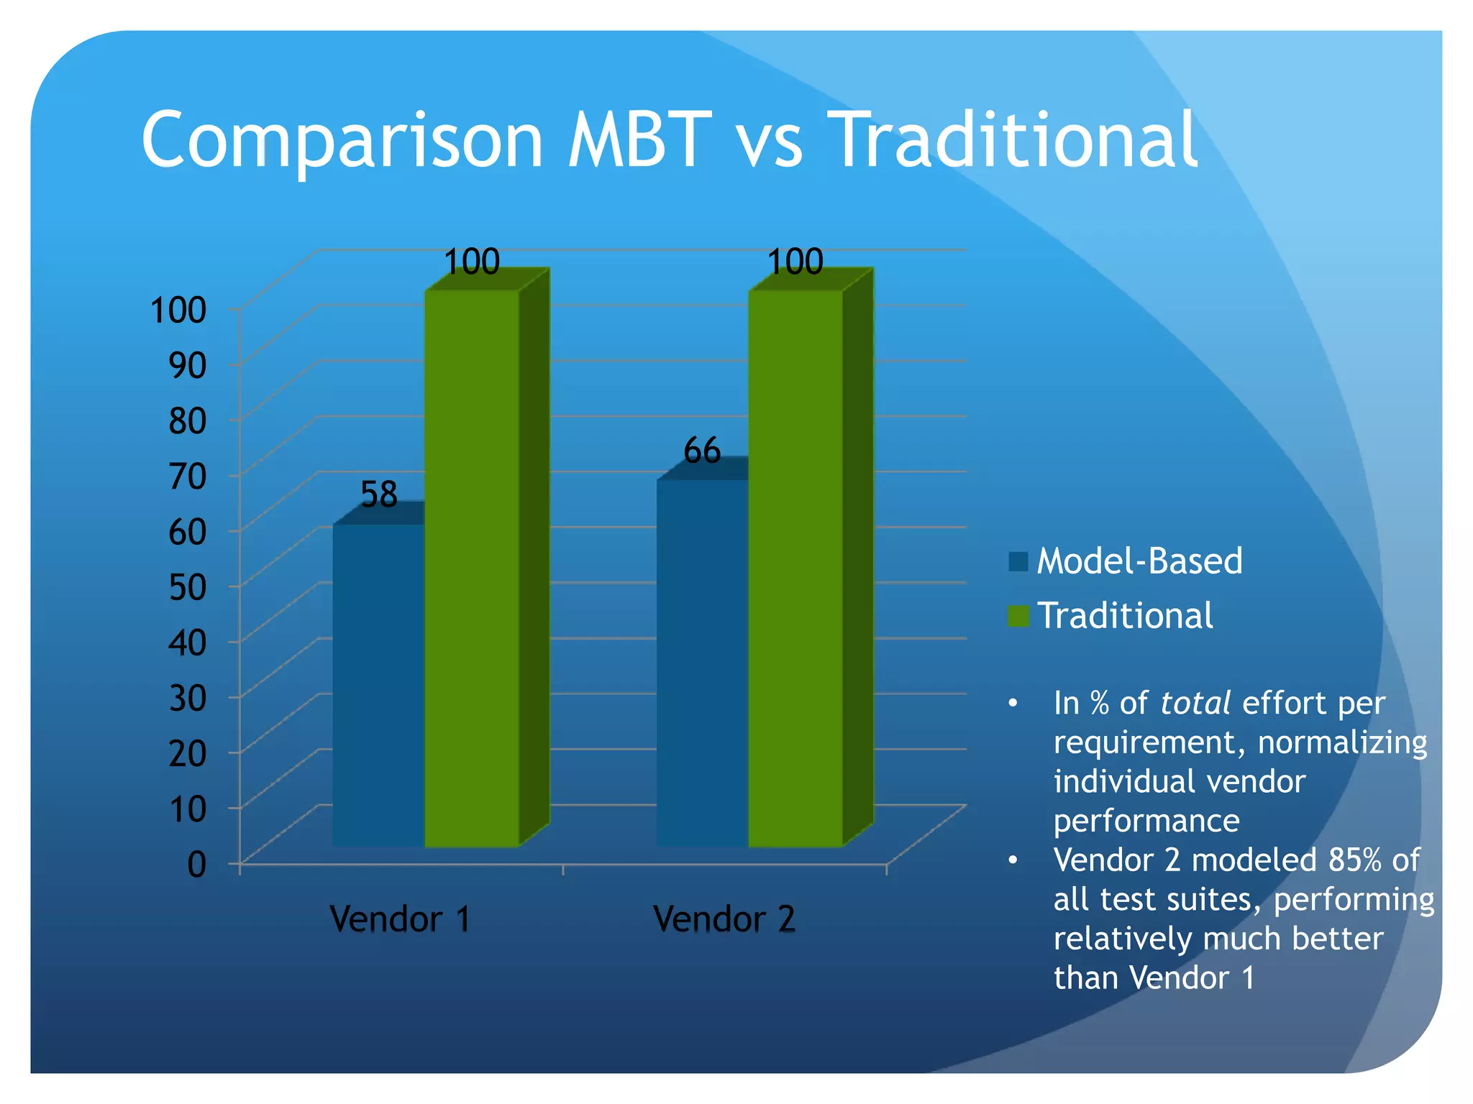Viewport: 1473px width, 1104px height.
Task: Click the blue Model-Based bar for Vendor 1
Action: coord(378,683)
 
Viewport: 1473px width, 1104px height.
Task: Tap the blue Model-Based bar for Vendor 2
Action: coord(702,661)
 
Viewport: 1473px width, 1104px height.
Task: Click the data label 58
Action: coord(378,495)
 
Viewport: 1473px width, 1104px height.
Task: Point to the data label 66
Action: coord(701,451)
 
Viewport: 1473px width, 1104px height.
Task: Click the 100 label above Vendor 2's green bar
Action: coord(795,262)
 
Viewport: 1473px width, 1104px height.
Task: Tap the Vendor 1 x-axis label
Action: coord(400,919)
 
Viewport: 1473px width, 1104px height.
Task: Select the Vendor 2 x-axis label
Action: coord(724,919)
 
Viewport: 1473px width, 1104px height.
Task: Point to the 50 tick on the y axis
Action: coord(188,587)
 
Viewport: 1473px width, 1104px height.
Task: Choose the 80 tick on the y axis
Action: coord(188,421)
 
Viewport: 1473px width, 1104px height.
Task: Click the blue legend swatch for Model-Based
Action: coord(1018,561)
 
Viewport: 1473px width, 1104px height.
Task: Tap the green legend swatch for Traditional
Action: coord(1018,616)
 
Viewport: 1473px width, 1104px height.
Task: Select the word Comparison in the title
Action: coord(342,140)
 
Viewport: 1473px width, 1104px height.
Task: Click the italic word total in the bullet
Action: coord(1195,703)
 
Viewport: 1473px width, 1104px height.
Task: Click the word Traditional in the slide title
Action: coord(1014,140)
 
